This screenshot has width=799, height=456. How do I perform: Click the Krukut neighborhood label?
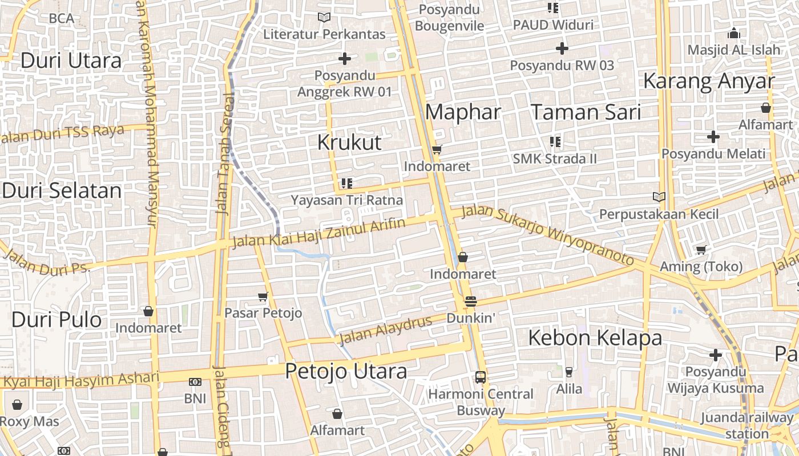coord(349,142)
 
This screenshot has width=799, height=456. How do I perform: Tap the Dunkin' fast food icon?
coord(470,302)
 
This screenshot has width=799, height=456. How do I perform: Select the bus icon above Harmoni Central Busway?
coord(481,377)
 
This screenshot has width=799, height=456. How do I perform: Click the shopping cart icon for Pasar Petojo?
coord(263,296)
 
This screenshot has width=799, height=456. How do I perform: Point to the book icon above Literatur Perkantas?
coord(324,18)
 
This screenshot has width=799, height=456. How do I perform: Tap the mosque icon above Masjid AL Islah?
coord(734,34)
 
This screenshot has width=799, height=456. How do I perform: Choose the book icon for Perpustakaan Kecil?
coord(659,197)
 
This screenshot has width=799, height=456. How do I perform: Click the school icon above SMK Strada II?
coord(555,141)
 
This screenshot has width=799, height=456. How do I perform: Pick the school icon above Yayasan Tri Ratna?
coord(346,184)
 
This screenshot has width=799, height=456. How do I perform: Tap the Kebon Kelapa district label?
coord(595,338)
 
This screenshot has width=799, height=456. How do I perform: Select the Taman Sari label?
coord(586,112)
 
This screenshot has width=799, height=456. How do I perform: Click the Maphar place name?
coord(463,112)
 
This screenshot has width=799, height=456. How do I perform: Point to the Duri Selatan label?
coord(62,190)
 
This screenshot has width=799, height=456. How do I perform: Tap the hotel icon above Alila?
coord(568,372)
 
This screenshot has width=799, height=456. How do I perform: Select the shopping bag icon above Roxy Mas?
coord(17,405)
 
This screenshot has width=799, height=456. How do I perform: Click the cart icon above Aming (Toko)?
coord(701,250)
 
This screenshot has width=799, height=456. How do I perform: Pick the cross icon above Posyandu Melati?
coord(713,137)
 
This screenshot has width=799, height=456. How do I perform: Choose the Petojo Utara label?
coord(346,372)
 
